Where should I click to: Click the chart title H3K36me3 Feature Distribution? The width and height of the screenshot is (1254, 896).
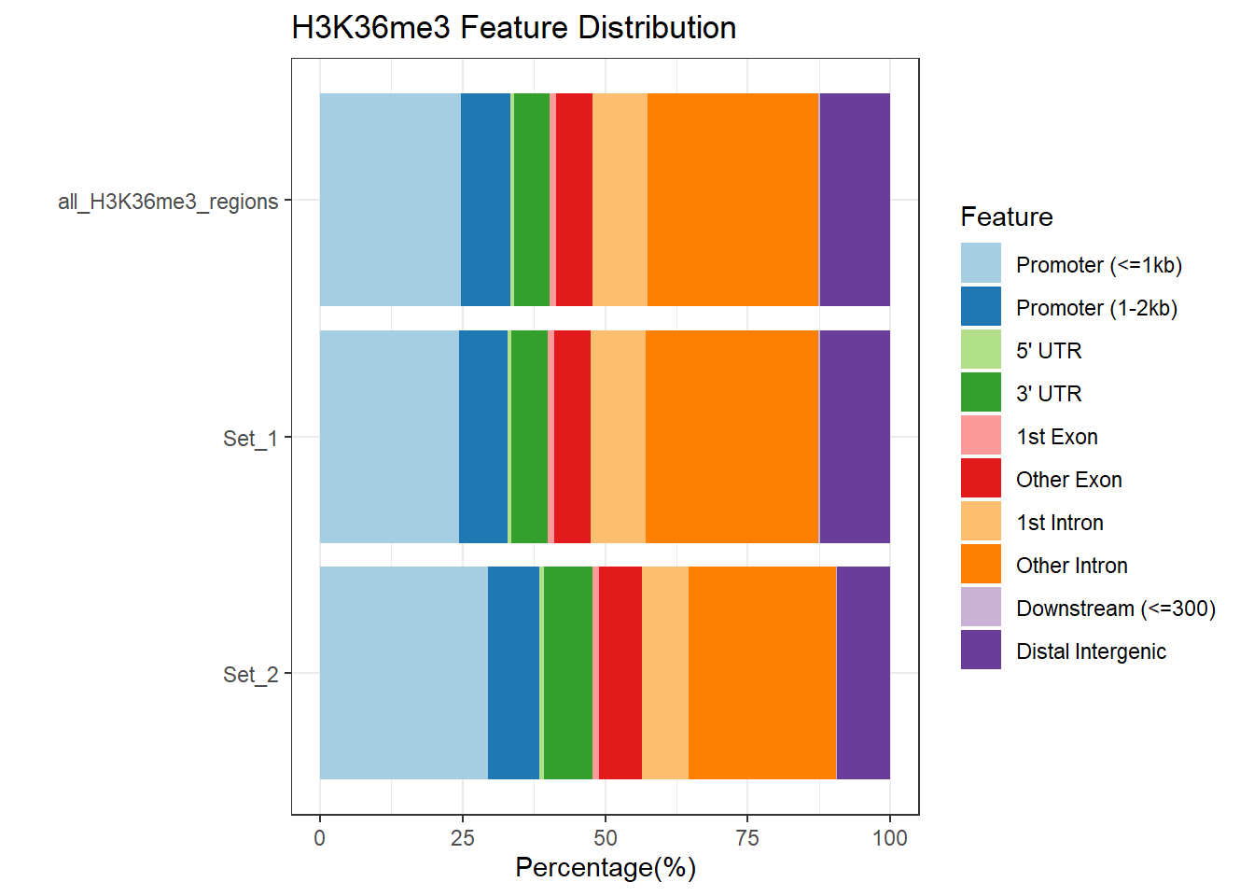point(513,28)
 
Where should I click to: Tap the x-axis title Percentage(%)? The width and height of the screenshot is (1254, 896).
point(605,868)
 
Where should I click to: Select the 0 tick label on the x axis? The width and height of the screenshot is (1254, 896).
point(320,837)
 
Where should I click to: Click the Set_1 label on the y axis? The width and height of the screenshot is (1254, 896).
point(250,438)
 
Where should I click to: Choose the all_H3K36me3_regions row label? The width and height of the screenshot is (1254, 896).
point(168,202)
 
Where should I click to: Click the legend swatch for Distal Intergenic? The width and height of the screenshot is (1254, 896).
point(981,650)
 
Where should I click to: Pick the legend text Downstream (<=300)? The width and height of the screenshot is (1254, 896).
point(1115,609)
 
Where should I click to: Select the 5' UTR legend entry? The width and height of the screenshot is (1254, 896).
point(1049,351)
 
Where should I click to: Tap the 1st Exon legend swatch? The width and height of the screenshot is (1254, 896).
point(981,435)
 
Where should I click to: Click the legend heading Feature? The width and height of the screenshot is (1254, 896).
point(1006,217)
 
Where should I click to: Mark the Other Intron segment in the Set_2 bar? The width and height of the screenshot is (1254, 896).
point(762,673)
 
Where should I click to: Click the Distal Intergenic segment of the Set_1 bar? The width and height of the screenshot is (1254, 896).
point(854,437)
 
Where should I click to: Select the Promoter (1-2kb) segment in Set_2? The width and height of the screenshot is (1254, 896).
point(513,673)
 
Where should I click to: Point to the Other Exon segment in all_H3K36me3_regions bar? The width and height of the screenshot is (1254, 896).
point(574,200)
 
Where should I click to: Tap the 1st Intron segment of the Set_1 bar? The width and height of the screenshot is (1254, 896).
point(618,437)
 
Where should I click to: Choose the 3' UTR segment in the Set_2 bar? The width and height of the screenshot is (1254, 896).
point(567,673)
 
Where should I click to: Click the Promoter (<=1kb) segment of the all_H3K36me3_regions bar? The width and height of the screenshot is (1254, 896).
point(390,200)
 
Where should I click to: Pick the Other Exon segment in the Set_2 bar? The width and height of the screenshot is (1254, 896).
point(620,673)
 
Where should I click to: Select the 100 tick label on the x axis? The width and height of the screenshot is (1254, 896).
point(889,837)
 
